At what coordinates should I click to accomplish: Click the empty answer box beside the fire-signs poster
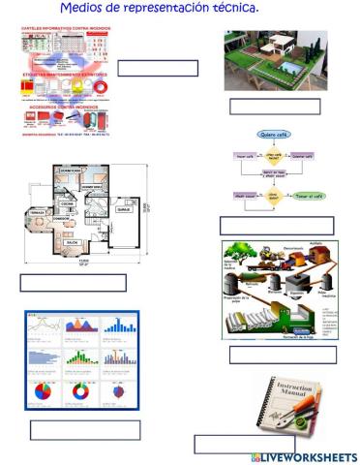[157, 68]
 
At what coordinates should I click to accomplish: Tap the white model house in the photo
[272, 48]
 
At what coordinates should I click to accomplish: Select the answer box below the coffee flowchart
[276, 225]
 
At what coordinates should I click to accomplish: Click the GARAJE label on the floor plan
[124, 208]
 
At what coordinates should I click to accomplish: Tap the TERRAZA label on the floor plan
[39, 209]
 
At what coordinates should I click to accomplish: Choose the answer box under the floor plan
[73, 283]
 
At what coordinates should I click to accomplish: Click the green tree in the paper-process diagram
[239, 256]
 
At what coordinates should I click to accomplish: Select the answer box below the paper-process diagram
[283, 355]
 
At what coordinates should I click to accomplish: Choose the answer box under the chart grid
[84, 430]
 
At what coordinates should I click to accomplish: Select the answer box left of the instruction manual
[230, 444]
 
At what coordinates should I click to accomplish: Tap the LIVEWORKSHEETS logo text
[308, 456]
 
